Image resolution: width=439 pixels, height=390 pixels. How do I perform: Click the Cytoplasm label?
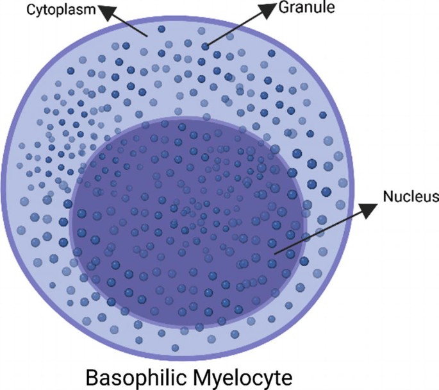[x=61, y=10]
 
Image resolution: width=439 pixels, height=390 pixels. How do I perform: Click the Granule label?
[x=306, y=7]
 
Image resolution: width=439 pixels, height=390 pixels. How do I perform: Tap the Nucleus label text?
[x=411, y=196]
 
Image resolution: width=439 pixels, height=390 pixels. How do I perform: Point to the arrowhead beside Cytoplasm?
[x=107, y=12]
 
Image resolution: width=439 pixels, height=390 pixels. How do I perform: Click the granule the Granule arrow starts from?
[x=205, y=46]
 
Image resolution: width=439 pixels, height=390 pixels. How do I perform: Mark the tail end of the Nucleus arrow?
[x=275, y=254]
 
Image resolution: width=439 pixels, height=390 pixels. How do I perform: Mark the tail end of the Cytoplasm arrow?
[x=147, y=37]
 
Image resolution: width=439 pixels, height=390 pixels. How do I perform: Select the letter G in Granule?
[x=284, y=7]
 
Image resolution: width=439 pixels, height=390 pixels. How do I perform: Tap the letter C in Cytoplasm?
[x=31, y=10]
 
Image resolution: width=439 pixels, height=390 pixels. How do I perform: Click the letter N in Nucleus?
[x=388, y=196]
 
